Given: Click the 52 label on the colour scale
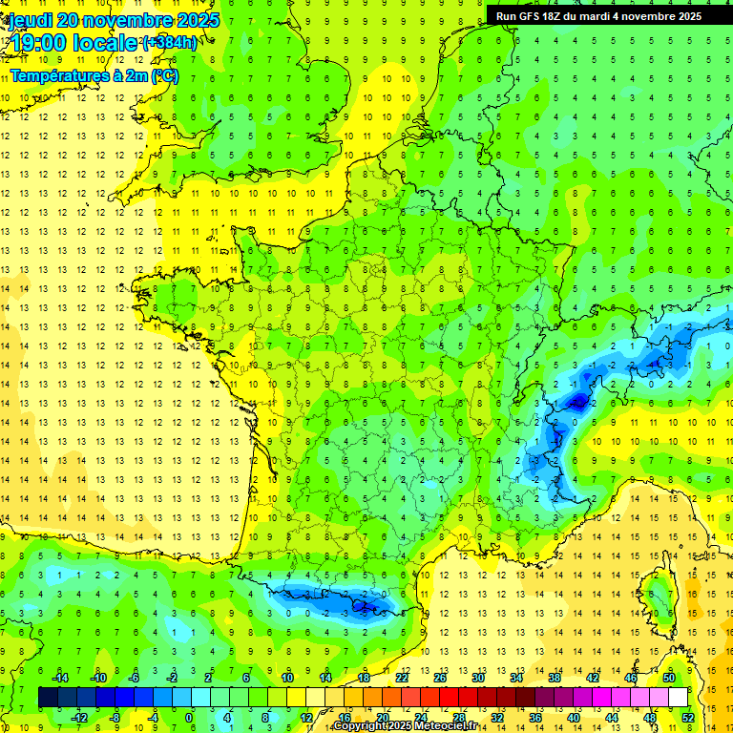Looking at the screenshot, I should click(687, 718).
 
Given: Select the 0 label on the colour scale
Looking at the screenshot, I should click(189, 718).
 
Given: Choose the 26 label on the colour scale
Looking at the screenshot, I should click(440, 678).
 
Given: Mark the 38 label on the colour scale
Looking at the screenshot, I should click(554, 678).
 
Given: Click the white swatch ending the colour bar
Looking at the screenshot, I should click(678, 698).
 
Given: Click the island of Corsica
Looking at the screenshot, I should click(658, 597).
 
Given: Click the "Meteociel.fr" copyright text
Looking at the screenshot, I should click(439, 726).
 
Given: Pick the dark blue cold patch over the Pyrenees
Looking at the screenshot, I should click(362, 603).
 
